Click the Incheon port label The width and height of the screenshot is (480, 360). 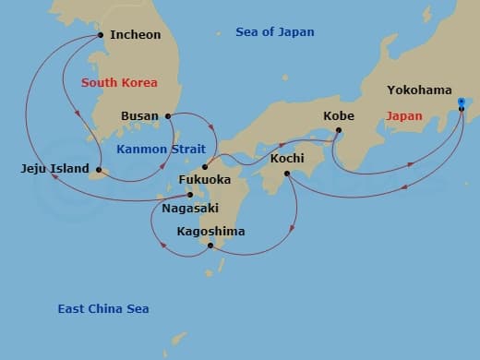135,35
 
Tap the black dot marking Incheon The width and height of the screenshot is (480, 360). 101,36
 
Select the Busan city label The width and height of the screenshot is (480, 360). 140,116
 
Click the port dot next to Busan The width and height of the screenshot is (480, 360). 168,116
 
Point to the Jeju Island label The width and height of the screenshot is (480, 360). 54,169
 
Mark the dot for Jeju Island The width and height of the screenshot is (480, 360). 98,169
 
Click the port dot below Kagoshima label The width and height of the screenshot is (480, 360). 210,246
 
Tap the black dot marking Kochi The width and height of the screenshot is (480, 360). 287,174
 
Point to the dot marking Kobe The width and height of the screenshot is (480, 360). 338,130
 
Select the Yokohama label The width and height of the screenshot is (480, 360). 419,90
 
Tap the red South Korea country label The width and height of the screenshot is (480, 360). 119,83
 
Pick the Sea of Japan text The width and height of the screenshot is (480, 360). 274,32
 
